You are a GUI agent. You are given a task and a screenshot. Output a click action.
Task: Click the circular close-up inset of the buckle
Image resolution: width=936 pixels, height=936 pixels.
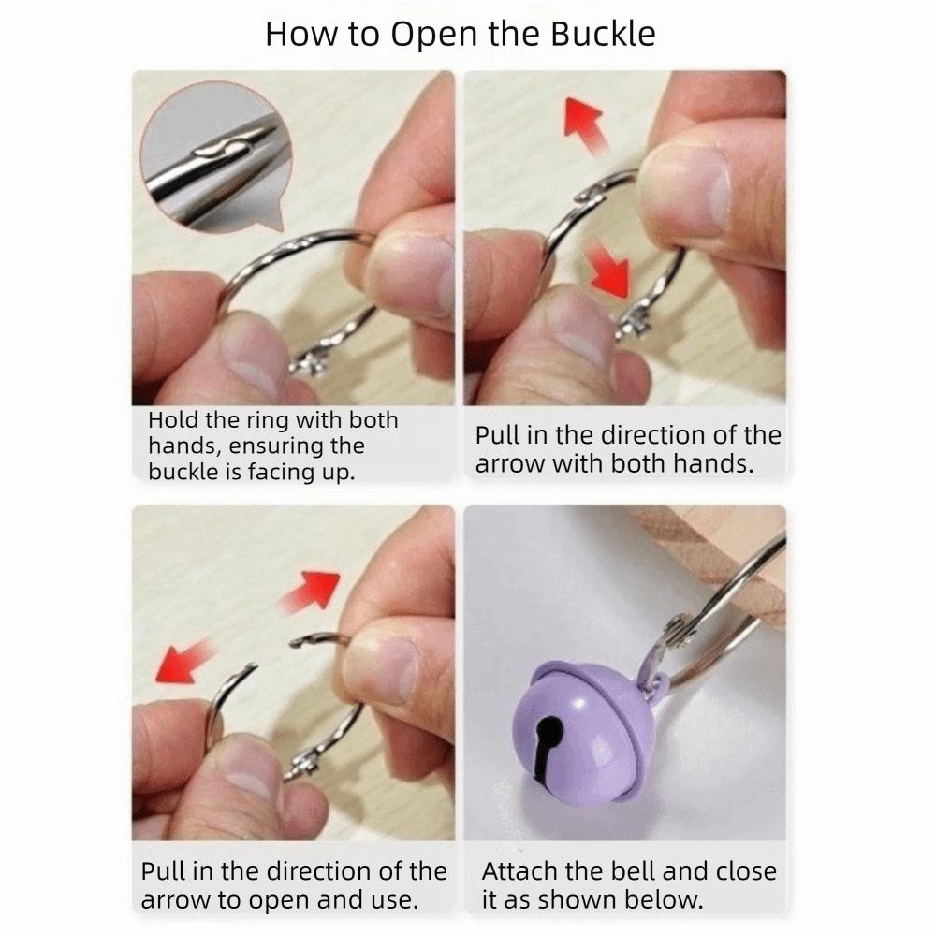[216, 156]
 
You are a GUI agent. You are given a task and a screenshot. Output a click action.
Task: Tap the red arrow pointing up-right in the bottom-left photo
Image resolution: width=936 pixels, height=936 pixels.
[310, 591]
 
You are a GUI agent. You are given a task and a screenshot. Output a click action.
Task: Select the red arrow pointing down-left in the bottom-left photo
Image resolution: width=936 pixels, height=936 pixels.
[184, 661]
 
